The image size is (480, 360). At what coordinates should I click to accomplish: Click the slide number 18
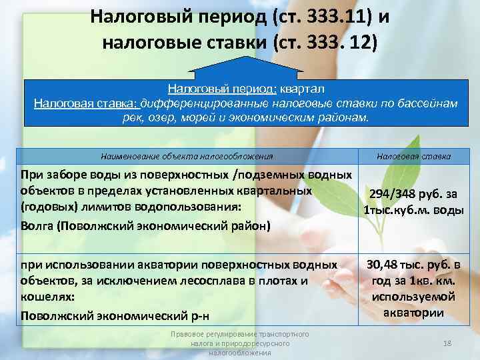point(448,343)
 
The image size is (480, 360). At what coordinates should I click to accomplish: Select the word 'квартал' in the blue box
point(302,88)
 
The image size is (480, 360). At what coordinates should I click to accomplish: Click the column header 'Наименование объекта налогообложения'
point(187,156)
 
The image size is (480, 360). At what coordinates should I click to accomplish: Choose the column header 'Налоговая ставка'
point(413,156)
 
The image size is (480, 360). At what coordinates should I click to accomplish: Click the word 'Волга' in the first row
point(37,225)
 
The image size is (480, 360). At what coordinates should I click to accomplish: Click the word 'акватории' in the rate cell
point(413,311)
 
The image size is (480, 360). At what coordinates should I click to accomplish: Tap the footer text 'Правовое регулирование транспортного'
point(239,333)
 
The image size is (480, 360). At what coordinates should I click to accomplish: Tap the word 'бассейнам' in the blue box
point(427,103)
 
